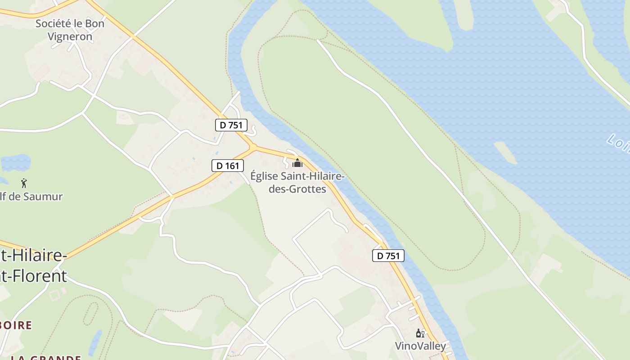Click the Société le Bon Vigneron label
click(70, 30)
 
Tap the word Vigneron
click(70, 36)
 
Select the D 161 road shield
click(228, 166)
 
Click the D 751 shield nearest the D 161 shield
click(231, 125)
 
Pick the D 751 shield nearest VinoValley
click(388, 256)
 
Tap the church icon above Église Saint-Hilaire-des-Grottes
click(297, 162)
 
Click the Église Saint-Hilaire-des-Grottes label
click(297, 182)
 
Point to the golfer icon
click(24, 183)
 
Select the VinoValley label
click(420, 346)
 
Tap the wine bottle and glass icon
click(420, 333)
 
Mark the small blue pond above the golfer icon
click(16, 163)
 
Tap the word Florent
click(36, 275)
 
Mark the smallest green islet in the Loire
click(505, 152)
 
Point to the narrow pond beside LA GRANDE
click(95, 342)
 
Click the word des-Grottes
click(297, 189)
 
